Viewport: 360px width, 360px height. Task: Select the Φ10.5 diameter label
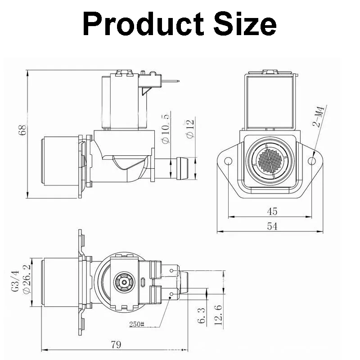click(x=165, y=127)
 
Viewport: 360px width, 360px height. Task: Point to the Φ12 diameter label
click(x=190, y=129)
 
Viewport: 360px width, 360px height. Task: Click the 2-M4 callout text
click(x=319, y=117)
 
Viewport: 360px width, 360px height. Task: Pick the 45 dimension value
click(x=272, y=211)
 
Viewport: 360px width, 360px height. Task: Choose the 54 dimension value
click(x=272, y=226)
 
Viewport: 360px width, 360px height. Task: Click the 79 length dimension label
click(x=116, y=345)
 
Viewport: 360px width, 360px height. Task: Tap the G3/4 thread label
click(x=15, y=281)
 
